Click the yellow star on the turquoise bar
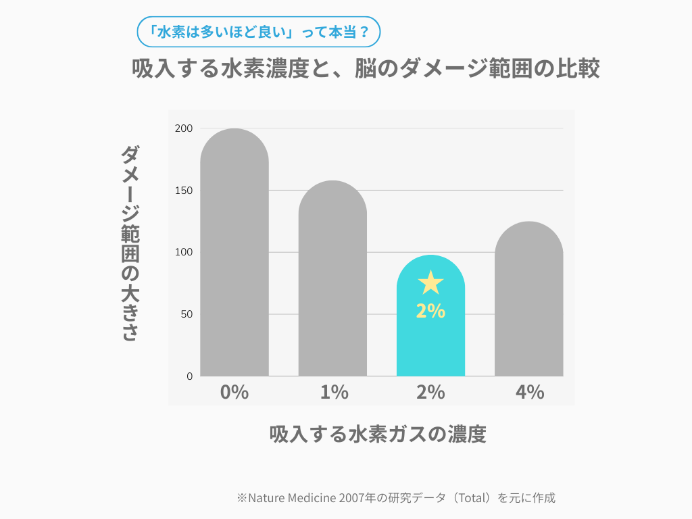pyautogui.click(x=430, y=282)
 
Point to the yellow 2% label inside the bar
pyautogui.click(x=430, y=311)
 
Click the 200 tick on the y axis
pyautogui.click(x=184, y=128)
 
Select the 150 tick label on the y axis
pyautogui.click(x=184, y=191)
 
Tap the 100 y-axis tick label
pyautogui.click(x=184, y=252)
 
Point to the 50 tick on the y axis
pyautogui.click(x=186, y=314)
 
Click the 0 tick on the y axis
pyautogui.click(x=189, y=376)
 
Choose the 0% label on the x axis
pyautogui.click(x=234, y=392)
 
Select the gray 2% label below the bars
pyautogui.click(x=430, y=392)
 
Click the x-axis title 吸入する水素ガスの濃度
pyautogui.click(x=378, y=434)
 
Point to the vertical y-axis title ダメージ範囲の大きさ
pyautogui.click(x=130, y=243)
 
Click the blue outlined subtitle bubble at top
pyautogui.click(x=258, y=31)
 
